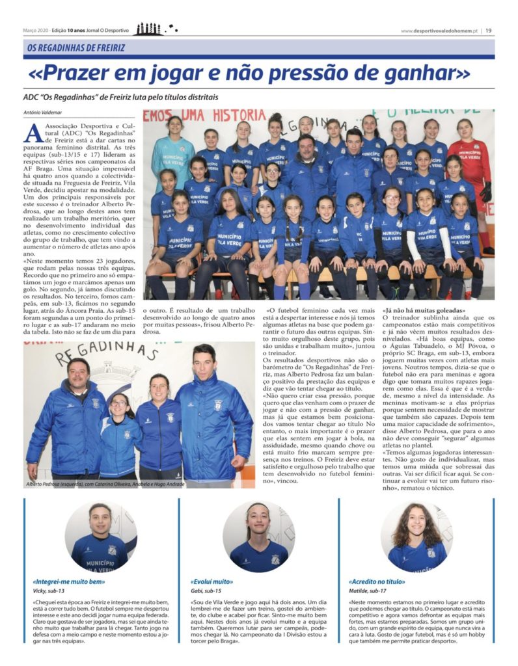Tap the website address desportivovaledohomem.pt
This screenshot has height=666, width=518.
(439, 30)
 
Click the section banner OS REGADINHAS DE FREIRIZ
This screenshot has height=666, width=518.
(76, 47)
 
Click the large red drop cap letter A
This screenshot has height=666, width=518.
(33, 133)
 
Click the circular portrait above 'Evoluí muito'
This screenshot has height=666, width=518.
(259, 537)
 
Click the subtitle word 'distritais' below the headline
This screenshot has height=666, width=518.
(200, 98)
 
